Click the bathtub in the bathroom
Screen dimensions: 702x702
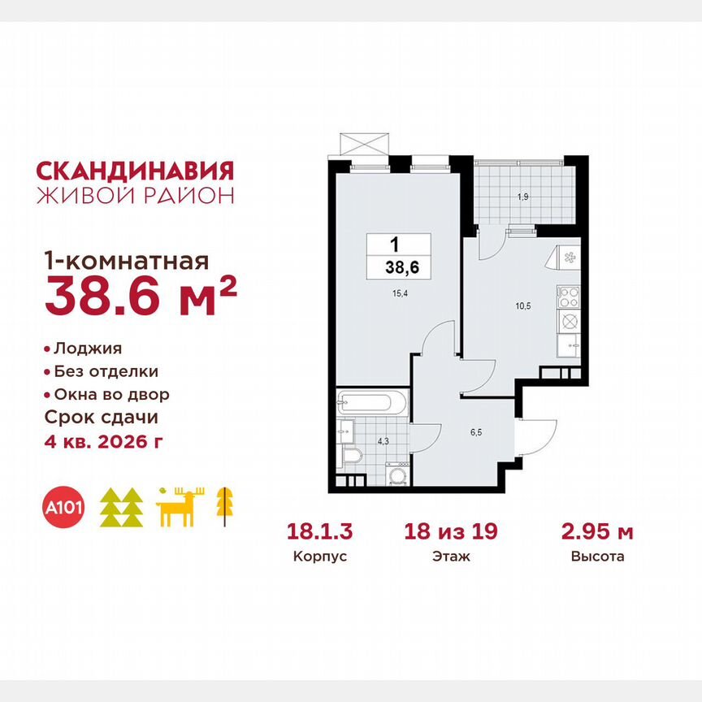coord(370,403)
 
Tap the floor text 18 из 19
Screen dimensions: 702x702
coord(451,532)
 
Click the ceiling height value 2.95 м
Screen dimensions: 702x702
coord(597,532)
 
